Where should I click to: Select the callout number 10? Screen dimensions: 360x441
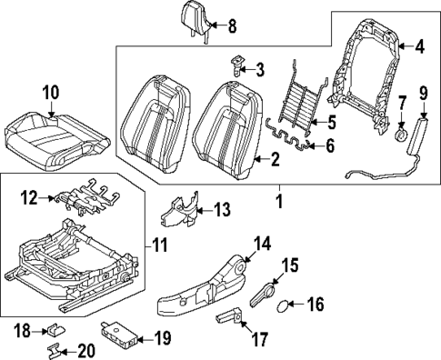[x=50, y=91]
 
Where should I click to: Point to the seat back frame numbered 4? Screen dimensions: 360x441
[x=368, y=73]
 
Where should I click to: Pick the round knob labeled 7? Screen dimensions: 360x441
[x=400, y=133]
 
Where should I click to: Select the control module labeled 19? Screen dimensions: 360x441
[x=116, y=336]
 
